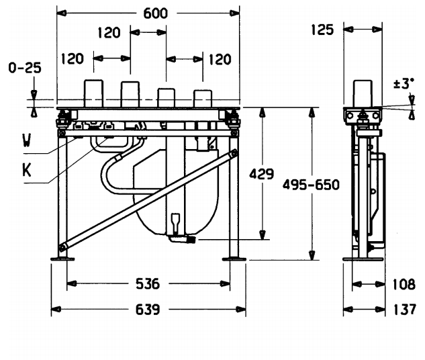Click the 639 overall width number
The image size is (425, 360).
coord(148,310)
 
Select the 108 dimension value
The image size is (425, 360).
coord(404,284)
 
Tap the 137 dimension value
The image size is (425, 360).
coord(404,310)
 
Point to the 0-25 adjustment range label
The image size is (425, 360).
coord(23,68)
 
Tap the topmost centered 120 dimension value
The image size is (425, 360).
coord(109,33)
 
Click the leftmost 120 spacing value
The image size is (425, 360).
coord(73,59)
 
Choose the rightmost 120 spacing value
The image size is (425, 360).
coord(219,59)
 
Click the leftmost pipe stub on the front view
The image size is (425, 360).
coord(92,94)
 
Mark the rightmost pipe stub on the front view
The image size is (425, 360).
coord(203,97)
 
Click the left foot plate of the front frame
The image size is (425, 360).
coord(61,258)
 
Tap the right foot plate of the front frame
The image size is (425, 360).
coord(234,258)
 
